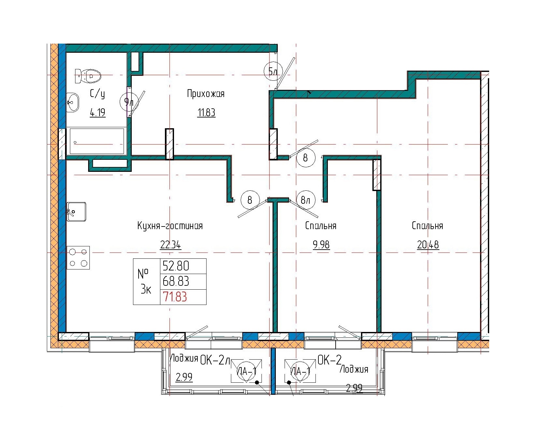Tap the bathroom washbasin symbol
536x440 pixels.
click(x=73, y=102)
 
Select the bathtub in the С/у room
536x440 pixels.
click(x=97, y=141)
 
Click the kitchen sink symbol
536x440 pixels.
click(x=77, y=212)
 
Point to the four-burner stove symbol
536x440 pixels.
click(x=78, y=257)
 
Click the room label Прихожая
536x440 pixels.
click(x=206, y=94)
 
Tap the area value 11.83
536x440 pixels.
click(x=206, y=113)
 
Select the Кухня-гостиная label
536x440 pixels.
click(x=170, y=226)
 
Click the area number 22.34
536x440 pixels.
click(x=170, y=245)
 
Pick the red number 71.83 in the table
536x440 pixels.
click(x=175, y=297)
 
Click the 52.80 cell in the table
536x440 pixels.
click(x=176, y=266)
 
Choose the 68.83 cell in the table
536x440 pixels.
click(x=176, y=281)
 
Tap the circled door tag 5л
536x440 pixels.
click(x=273, y=71)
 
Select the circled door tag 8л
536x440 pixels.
click(x=306, y=199)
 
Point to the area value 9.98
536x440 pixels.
click(x=321, y=245)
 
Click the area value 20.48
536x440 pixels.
click(x=428, y=245)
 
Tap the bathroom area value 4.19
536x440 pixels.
click(x=98, y=113)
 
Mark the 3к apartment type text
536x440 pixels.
click(x=145, y=289)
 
